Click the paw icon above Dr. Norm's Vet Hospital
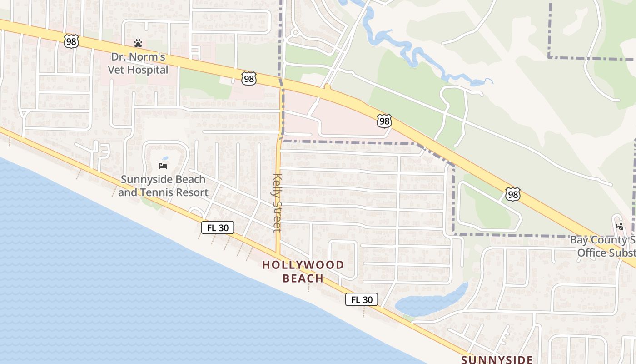point(138,44)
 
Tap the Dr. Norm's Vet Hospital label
point(138,64)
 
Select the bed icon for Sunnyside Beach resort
point(163,166)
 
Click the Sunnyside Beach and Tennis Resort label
point(163,186)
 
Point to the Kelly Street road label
point(277,202)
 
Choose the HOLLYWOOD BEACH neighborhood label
point(303,271)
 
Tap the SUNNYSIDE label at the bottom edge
point(497,359)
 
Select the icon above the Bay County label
point(620,226)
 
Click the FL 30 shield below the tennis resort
point(218,227)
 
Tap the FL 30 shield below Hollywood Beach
point(362,299)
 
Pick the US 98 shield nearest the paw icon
point(72,41)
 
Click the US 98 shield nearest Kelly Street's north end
point(249,79)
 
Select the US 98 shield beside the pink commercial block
point(384,121)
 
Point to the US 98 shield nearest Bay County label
point(512,195)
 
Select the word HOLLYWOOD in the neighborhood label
point(303,265)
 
